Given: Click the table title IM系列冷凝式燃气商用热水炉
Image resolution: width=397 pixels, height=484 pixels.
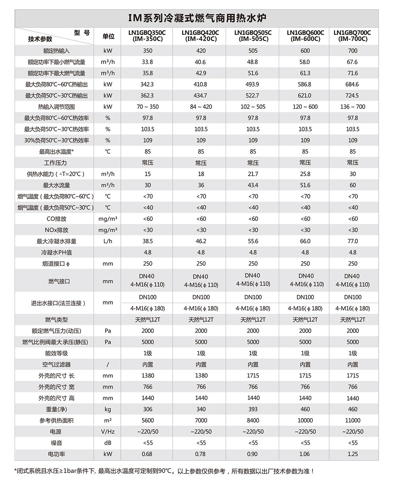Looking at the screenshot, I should (197, 18).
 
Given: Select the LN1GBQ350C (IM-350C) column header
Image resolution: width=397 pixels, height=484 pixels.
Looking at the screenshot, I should (147, 36).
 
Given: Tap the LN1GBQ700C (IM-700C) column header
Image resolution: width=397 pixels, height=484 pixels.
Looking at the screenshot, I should (353, 36).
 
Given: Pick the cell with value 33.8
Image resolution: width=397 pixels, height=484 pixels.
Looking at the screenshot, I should (147, 62).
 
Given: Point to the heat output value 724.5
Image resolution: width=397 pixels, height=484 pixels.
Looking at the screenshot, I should (353, 96).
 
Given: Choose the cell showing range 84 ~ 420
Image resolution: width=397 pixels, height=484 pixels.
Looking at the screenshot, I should (201, 107).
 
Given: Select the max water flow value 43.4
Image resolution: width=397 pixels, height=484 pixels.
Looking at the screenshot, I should (253, 185).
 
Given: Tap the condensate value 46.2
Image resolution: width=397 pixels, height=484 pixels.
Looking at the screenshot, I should (201, 241).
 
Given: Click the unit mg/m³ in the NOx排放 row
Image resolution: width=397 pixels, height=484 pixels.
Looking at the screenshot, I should (108, 230).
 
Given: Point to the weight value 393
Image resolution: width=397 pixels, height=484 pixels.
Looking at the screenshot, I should (253, 409).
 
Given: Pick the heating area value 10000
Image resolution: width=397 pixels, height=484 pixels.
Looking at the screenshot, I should (305, 421).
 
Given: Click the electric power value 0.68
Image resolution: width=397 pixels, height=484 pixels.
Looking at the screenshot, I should (147, 454).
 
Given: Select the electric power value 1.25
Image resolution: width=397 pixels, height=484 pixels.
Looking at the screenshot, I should (353, 454).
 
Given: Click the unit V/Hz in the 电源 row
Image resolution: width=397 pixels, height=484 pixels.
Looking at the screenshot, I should (108, 432).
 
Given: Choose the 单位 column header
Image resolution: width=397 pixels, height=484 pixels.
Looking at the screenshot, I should (108, 36).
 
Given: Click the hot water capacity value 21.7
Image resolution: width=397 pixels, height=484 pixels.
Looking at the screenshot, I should (253, 174).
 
